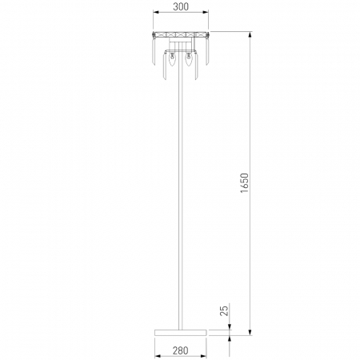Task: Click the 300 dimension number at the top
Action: point(181,6)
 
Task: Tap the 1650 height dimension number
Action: point(244,183)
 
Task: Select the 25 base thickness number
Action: point(224,310)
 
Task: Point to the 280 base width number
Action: point(180,350)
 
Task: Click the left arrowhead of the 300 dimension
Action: point(156,12)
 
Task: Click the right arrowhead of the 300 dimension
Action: point(206,12)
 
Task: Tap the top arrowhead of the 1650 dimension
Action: point(250,34)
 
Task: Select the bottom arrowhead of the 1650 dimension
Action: point(250,332)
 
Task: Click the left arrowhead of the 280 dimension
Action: point(158,356)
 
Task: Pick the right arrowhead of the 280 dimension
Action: point(204,356)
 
